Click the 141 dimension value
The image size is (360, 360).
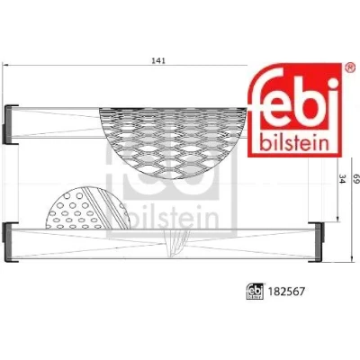point(158,60)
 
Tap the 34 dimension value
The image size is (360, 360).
point(343,178)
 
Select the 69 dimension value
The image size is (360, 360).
point(356,178)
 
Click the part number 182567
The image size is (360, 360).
point(286,291)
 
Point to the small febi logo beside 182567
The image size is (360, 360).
point(255,291)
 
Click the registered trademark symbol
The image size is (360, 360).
point(348,67)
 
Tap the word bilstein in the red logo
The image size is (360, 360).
point(295,143)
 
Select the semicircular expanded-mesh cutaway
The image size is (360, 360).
point(173,141)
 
